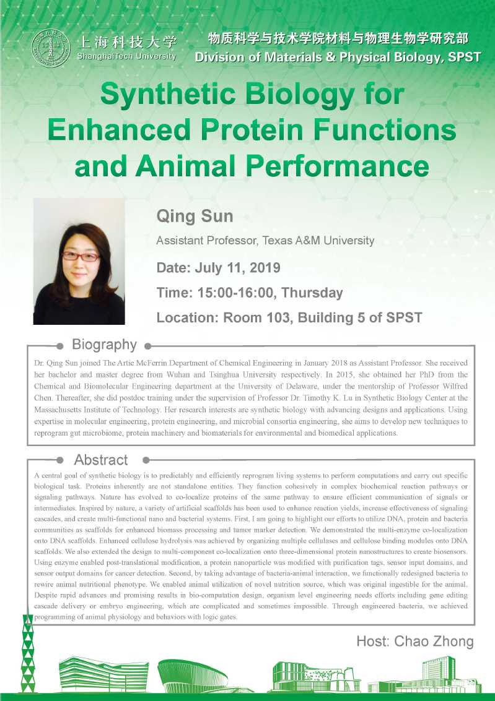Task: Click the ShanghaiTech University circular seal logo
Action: coord(51,48)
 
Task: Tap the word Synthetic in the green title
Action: coord(168,95)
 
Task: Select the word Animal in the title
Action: coord(187,166)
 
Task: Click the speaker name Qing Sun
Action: coord(195,217)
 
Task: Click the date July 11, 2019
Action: coord(238,268)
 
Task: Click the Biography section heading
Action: coord(104,345)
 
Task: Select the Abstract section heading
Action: coord(101,460)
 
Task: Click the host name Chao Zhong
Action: coord(434,642)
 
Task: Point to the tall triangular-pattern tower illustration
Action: coord(28,652)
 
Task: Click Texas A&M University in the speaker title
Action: coord(318,241)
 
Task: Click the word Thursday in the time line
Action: coord(312,293)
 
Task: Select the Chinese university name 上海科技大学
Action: coord(128,43)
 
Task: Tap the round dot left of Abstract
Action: coord(59,460)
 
